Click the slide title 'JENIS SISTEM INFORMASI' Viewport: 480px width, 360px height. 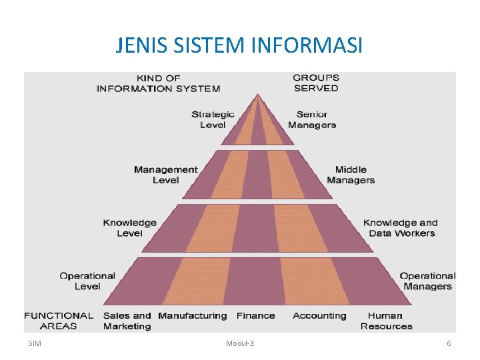point(239,46)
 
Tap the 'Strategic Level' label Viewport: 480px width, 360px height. point(213,119)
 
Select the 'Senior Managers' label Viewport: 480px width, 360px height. point(312,119)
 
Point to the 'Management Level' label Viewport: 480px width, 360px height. point(166,175)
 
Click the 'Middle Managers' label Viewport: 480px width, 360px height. point(351,175)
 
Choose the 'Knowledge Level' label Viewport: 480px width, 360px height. point(130,228)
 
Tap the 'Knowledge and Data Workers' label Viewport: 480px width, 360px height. point(401,228)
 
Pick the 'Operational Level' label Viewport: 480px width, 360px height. point(87,281)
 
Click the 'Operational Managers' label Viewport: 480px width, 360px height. point(427,281)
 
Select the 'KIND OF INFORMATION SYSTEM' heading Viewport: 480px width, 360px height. point(158,83)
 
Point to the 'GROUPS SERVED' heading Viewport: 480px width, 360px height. point(316,83)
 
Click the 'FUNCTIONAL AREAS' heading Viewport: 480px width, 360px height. point(59,321)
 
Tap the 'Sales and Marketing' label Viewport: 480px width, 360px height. point(127,321)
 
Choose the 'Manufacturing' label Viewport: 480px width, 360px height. point(193,315)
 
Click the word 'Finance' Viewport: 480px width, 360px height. point(255,315)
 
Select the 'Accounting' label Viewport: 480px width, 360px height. point(320,315)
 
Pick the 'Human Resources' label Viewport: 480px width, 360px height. point(387,321)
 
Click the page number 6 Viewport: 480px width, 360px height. point(449,343)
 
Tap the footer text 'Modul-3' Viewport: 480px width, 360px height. point(240,343)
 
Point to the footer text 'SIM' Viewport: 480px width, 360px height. point(35,343)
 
